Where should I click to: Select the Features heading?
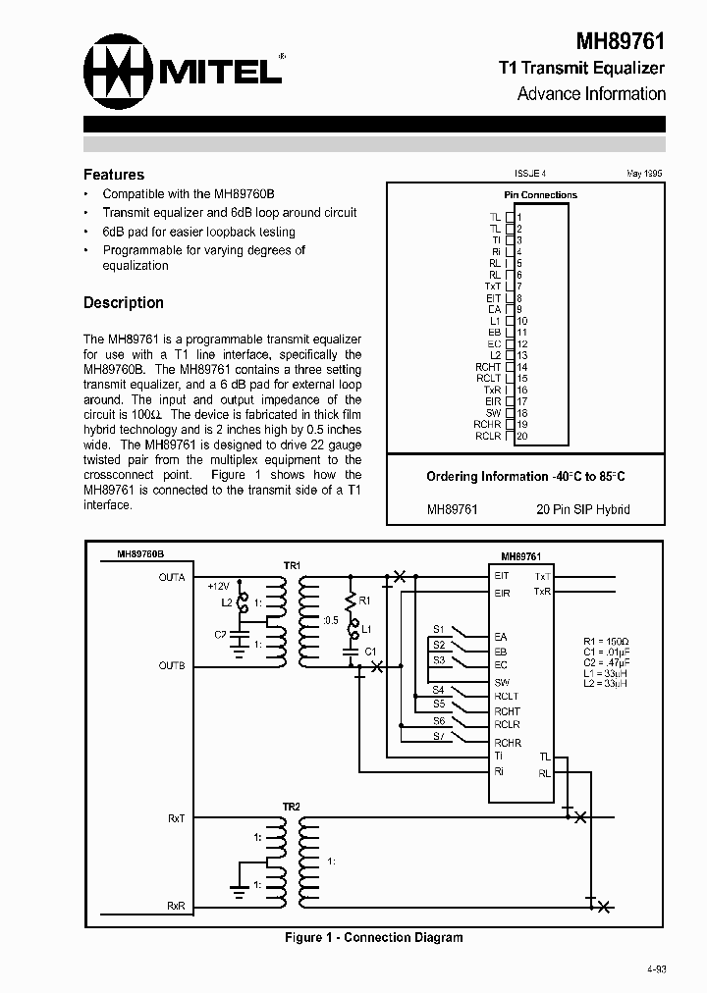point(114,174)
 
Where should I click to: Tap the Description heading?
point(124,302)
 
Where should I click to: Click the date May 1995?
point(644,174)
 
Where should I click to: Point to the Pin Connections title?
point(540,194)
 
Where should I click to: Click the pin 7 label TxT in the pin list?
point(493,287)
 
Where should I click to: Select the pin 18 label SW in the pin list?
point(494,413)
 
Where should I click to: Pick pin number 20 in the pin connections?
point(522,436)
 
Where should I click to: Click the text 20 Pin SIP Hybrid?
point(583,509)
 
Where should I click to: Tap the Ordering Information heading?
point(525,476)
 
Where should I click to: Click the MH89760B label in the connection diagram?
point(141,554)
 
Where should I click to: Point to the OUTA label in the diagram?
point(172,578)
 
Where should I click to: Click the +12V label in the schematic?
point(218,586)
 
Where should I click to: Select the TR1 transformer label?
point(292,565)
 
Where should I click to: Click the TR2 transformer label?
point(292,807)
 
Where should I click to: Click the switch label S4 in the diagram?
point(439,690)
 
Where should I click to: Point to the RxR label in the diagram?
point(176,906)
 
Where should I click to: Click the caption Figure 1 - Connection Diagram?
point(373,937)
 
